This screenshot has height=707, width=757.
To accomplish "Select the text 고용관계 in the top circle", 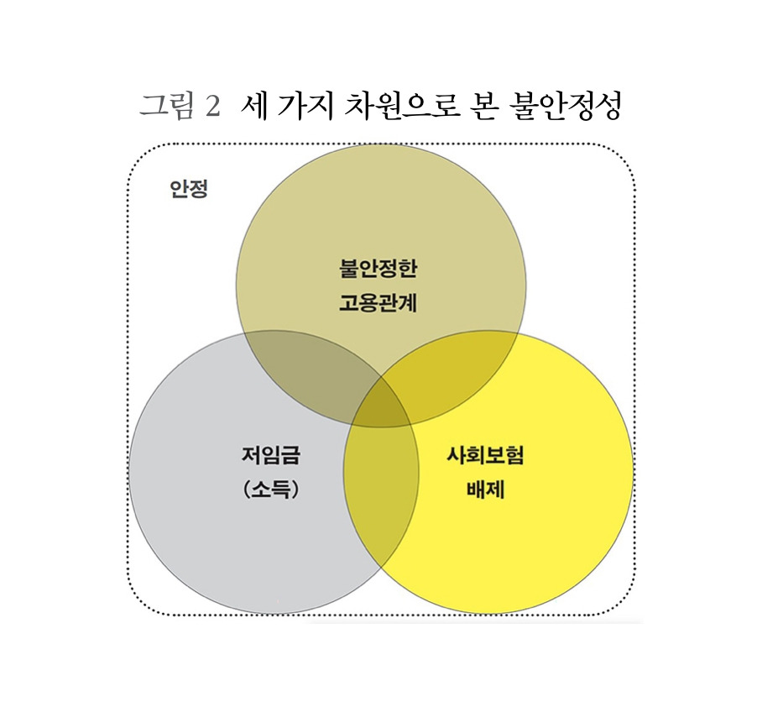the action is [x=378, y=302].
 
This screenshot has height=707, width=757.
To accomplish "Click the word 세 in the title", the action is [x=252, y=107].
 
